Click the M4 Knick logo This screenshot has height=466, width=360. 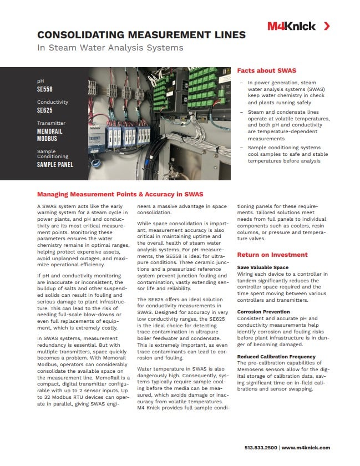[291, 26]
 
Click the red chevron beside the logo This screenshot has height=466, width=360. [327, 26]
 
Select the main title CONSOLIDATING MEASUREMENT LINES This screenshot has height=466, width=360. [141, 35]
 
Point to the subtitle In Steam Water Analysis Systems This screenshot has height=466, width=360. [110, 48]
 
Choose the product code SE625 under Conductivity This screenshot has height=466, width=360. [44, 110]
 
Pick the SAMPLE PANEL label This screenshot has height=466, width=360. [55, 165]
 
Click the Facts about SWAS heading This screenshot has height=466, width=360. [266, 71]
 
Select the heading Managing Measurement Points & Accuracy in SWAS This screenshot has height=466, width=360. [120, 194]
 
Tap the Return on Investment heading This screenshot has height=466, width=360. [272, 255]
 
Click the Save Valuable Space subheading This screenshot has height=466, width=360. [263, 267]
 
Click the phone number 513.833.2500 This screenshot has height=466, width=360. [261, 447]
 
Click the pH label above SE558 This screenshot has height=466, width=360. [40, 81]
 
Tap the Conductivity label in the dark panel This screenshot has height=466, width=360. [53, 102]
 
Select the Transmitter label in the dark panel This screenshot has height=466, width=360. [51, 123]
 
